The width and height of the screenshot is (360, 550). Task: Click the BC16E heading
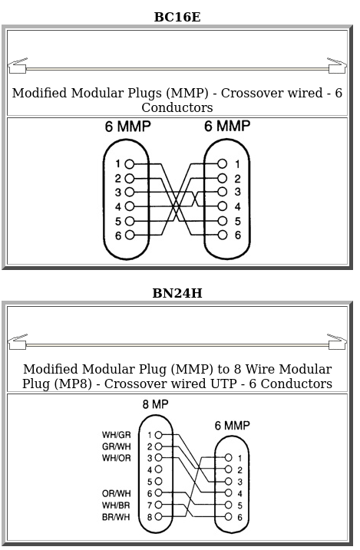(177, 17)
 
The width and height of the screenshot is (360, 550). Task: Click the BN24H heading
(177, 293)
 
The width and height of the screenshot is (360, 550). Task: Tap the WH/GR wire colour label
(116, 435)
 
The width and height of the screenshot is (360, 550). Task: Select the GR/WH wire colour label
(116, 446)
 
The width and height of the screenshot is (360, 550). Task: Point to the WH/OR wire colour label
(116, 458)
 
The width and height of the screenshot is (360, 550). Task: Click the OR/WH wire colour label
(116, 493)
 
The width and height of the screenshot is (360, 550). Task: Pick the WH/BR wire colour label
(116, 506)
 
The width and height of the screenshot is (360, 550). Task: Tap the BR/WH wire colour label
(116, 517)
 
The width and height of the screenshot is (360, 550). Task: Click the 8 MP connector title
(155, 404)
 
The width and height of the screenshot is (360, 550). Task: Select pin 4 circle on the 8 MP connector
(159, 469)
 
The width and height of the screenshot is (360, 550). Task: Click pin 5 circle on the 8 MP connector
(159, 481)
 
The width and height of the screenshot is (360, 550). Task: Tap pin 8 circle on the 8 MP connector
(159, 517)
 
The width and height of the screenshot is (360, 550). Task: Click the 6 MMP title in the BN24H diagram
(233, 426)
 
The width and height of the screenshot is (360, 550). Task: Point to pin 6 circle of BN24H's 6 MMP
(229, 517)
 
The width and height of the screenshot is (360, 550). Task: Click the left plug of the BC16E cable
(18, 66)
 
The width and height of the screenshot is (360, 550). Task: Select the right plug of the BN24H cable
(337, 342)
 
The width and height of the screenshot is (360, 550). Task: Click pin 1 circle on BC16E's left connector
(130, 164)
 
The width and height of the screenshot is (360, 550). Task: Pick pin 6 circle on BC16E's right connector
(223, 235)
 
